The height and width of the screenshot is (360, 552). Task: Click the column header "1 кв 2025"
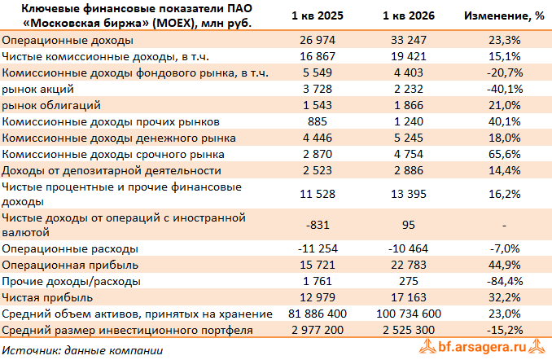click(x=318, y=15)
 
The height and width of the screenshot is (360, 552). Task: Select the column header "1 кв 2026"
click(x=409, y=15)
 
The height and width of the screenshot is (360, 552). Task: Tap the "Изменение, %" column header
click(x=504, y=15)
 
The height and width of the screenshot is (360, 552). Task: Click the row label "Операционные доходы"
click(x=68, y=40)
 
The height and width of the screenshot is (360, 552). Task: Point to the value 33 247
click(x=409, y=40)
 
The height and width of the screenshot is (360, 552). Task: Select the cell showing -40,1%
click(x=505, y=89)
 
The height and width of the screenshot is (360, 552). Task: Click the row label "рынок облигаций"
click(x=51, y=105)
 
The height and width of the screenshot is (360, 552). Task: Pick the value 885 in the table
click(x=318, y=121)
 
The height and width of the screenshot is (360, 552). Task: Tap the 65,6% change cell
click(x=505, y=154)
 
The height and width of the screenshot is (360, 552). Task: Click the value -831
click(x=318, y=225)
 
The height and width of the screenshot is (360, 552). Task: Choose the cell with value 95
click(x=409, y=225)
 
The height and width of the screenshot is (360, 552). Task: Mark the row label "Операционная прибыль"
click(x=70, y=266)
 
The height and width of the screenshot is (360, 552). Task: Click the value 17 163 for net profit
click(x=409, y=297)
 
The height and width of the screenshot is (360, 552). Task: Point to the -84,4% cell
click(x=505, y=282)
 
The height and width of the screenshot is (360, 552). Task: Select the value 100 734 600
click(x=409, y=314)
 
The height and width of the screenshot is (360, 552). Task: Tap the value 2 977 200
click(x=318, y=330)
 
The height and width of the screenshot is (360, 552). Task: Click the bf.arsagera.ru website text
click(x=482, y=347)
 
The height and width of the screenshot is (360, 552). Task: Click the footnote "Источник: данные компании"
click(x=82, y=350)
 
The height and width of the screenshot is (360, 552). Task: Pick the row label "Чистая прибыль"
click(x=47, y=298)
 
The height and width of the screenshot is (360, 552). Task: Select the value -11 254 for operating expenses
click(x=318, y=248)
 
